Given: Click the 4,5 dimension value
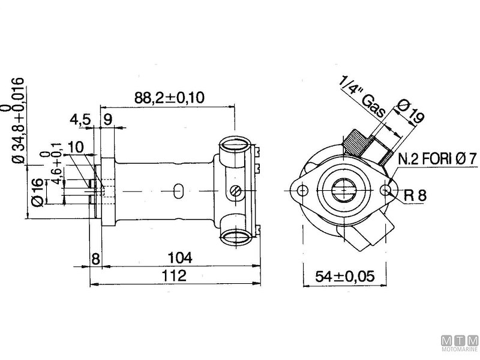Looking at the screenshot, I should tap(80, 119).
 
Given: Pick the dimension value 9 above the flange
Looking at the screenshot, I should tap(107, 119).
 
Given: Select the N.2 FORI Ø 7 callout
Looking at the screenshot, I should tap(437, 160).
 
